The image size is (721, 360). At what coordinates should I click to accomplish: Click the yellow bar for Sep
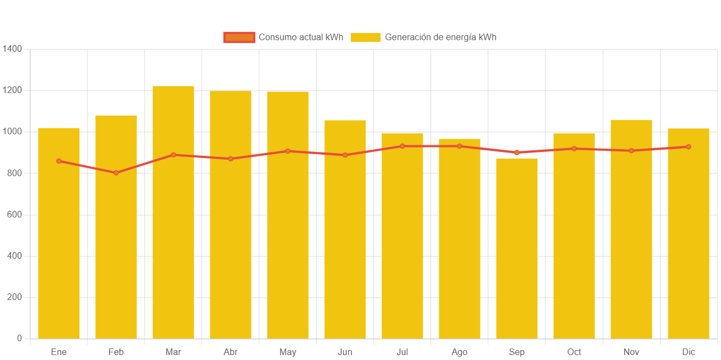517,248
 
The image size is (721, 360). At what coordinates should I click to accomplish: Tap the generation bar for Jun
345,231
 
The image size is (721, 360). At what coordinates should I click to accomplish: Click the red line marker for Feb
116,173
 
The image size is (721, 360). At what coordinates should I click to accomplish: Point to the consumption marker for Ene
59,161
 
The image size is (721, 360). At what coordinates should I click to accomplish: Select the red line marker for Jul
402,146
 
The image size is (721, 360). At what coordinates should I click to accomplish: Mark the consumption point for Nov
631,151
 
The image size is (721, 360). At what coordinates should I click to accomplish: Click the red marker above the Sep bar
517,152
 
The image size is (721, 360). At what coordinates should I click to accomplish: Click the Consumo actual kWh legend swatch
239,37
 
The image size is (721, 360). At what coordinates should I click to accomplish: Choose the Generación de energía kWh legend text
440,37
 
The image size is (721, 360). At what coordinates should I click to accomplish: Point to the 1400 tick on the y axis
12,49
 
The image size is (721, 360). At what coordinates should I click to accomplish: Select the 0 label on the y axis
19,339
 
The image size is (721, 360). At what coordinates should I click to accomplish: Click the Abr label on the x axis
231,352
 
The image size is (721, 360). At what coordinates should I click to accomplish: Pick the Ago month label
460,352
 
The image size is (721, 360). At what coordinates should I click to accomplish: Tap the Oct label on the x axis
574,352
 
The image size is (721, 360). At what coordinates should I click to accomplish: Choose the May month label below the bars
288,352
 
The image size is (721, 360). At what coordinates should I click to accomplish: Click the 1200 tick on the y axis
12,90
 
